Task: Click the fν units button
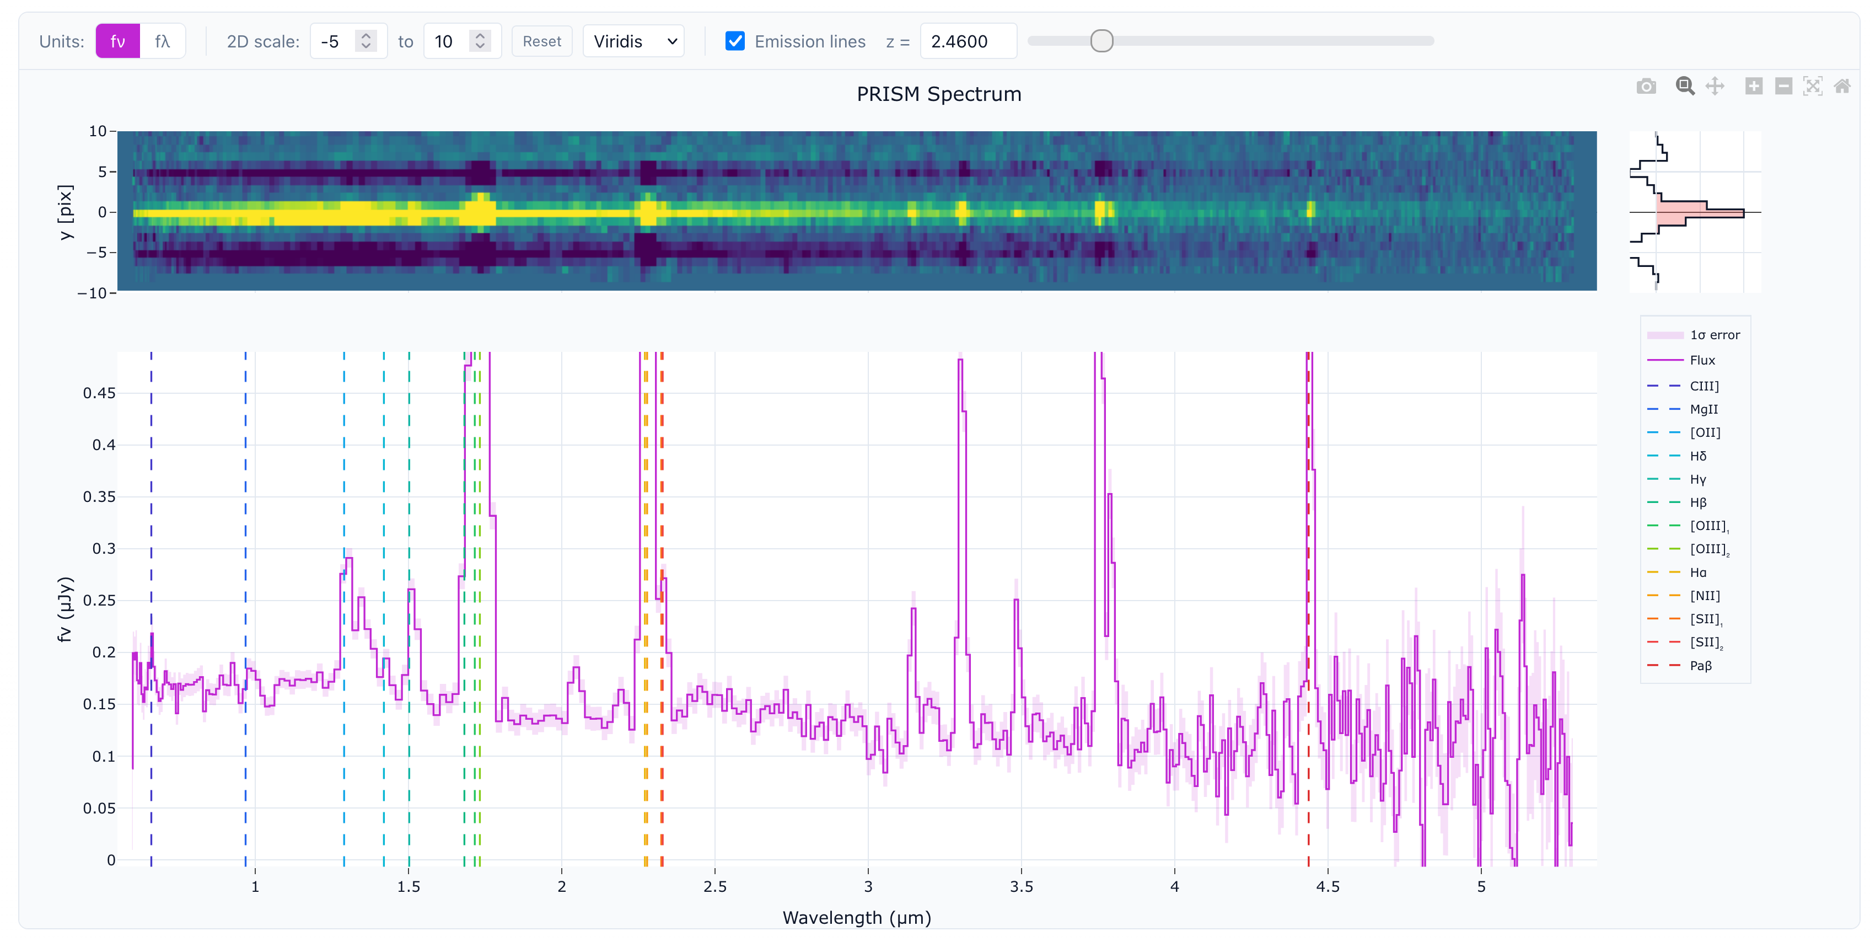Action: pyautogui.click(x=117, y=41)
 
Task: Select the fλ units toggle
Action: pyautogui.click(x=163, y=41)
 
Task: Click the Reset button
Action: pyautogui.click(x=541, y=41)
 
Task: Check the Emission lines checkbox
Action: pyautogui.click(x=735, y=41)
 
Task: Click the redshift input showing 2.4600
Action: pyautogui.click(x=967, y=41)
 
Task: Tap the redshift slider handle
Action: pyautogui.click(x=1101, y=41)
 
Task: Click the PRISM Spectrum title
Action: pyautogui.click(x=939, y=94)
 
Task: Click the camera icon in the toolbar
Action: pyautogui.click(x=1646, y=87)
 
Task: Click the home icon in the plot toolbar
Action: pyautogui.click(x=1842, y=87)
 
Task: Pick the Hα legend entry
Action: pyautogui.click(x=1697, y=572)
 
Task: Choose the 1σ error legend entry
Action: pyautogui.click(x=1714, y=335)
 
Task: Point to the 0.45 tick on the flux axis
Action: pyautogui.click(x=99, y=393)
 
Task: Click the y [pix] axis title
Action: pyautogui.click(x=66, y=212)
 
